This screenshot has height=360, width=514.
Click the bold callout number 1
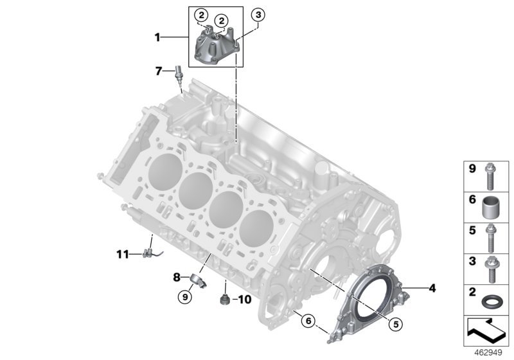point(157,38)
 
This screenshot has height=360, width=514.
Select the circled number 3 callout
point(258,14)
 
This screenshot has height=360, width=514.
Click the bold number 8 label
point(176,277)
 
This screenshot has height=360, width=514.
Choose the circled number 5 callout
point(396,325)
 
